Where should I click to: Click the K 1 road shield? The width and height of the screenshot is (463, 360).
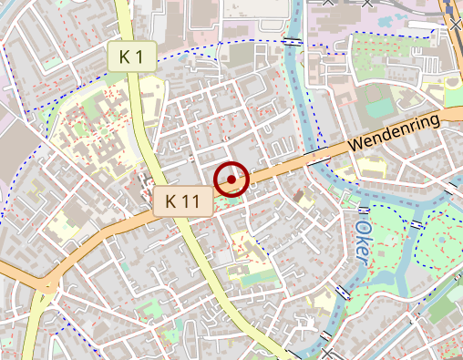tap(132, 57)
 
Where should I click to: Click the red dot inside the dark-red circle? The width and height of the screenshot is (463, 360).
tap(231, 180)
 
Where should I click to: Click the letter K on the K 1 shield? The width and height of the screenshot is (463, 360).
tap(124, 57)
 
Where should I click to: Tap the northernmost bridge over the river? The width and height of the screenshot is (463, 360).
tap(292, 41)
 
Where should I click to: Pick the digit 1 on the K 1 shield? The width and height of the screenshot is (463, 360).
tap(139, 57)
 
